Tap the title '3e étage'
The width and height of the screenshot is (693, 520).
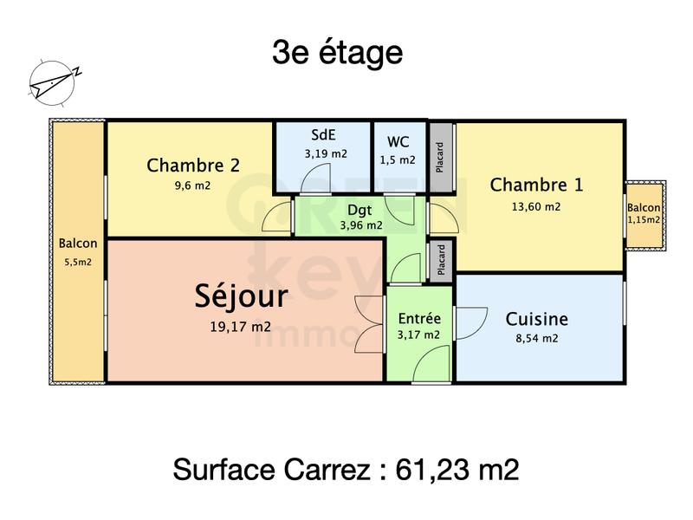pyautogui.click(x=338, y=54)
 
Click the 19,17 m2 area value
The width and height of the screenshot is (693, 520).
pyautogui.click(x=239, y=327)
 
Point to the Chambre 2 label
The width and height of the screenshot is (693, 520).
pyautogui.click(x=193, y=165)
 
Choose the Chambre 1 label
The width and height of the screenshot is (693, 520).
pyautogui.click(x=536, y=185)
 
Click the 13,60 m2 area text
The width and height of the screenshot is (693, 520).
pyautogui.click(x=537, y=206)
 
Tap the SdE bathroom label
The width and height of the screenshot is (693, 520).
pyautogui.click(x=325, y=136)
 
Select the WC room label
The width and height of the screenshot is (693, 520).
pyautogui.click(x=398, y=141)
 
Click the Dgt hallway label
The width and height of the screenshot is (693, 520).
pyautogui.click(x=361, y=209)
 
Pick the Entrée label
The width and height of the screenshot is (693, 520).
pyautogui.click(x=419, y=318)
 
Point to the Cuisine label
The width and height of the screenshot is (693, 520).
pyautogui.click(x=537, y=319)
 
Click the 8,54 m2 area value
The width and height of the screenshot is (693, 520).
pyautogui.click(x=537, y=339)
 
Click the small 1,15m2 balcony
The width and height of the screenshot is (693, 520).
pyautogui.click(x=644, y=214)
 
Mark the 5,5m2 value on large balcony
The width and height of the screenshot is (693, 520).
pyautogui.click(x=78, y=262)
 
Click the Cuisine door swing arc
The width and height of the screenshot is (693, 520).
pyautogui.click(x=470, y=323)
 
